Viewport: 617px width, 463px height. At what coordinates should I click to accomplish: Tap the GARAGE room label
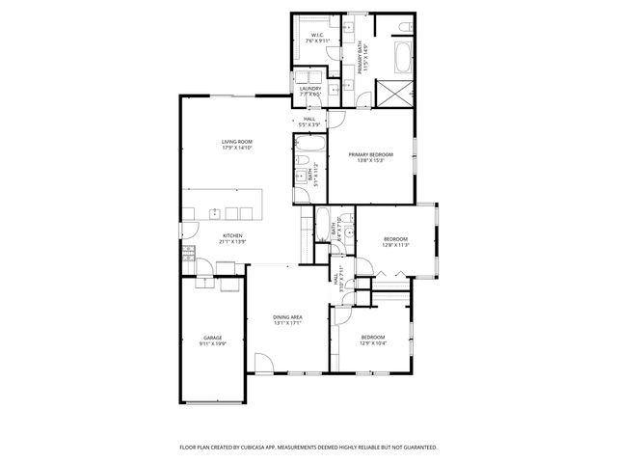click(x=212, y=337)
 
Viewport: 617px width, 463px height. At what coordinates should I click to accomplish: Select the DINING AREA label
click(x=287, y=317)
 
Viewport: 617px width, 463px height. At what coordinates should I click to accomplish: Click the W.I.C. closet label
click(x=317, y=36)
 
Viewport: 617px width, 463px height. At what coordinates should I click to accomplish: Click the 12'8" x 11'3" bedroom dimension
click(x=396, y=245)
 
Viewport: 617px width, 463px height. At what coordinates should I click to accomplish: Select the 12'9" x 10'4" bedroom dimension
click(x=373, y=342)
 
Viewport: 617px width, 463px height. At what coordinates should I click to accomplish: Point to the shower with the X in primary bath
click(x=395, y=94)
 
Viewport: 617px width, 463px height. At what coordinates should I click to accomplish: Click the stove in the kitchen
click(x=187, y=254)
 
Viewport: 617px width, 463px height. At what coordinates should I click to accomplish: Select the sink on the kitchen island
click(x=233, y=212)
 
